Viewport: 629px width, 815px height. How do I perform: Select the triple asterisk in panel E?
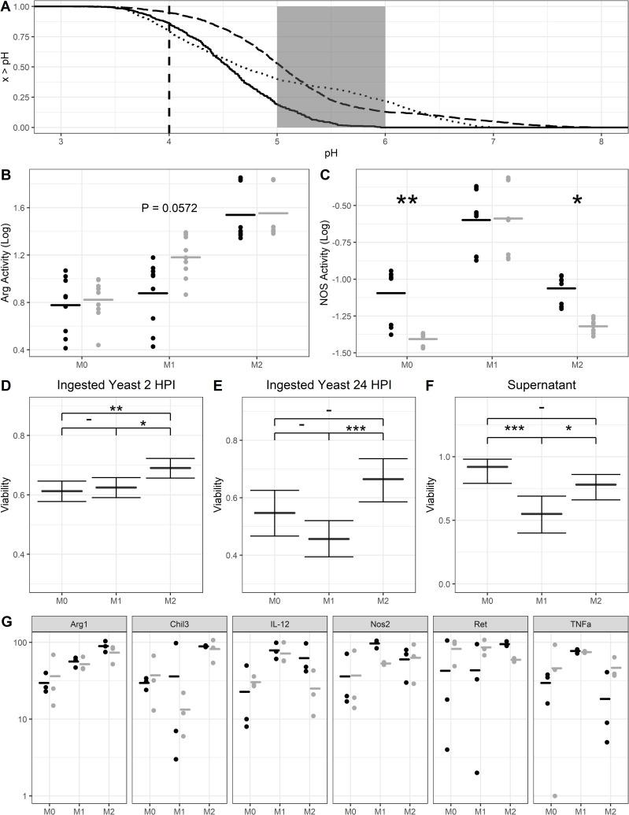355,428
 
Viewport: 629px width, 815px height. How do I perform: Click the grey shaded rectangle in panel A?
331,67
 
